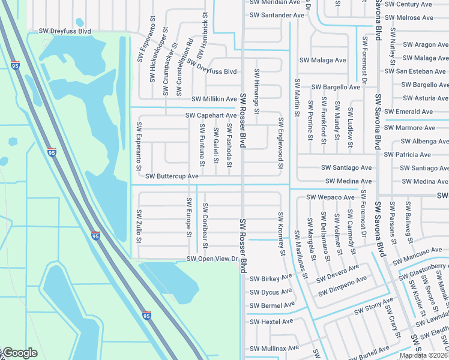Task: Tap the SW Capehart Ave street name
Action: pyautogui.click(x=211, y=115)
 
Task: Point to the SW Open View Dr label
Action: pyautogui.click(x=212, y=259)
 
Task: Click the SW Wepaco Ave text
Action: pyautogui.click(x=330, y=197)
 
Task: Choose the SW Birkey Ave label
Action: pyautogui.click(x=271, y=279)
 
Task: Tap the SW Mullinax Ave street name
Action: pyautogui.click(x=274, y=348)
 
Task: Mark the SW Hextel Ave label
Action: pyautogui.click(x=271, y=322)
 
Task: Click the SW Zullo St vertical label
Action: pyautogui.click(x=139, y=226)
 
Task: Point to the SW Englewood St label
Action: pyautogui.click(x=280, y=143)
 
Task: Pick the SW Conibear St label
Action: pyautogui.click(x=205, y=226)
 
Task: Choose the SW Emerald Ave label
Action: pyautogui.click(x=410, y=112)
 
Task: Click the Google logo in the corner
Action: pyautogui.click(x=19, y=353)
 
